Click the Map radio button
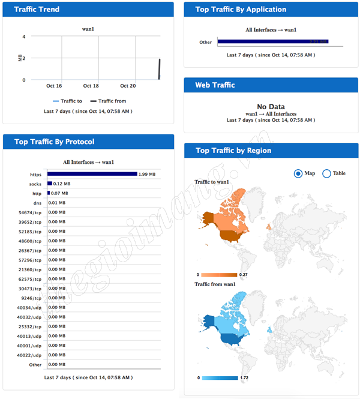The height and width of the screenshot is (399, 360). point(298,173)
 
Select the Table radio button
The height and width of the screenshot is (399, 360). point(327,173)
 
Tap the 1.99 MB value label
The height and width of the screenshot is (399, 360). point(148,174)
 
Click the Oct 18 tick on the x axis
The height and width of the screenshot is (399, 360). point(91,86)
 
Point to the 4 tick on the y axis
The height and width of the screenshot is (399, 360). point(23,37)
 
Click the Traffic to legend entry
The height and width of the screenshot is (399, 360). point(67,101)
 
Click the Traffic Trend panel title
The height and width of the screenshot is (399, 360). point(37,10)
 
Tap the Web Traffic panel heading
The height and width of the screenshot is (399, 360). point(215,85)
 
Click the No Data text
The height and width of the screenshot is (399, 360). point(270,107)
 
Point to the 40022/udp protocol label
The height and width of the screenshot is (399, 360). point(29,355)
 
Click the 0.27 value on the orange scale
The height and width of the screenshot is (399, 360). point(244,275)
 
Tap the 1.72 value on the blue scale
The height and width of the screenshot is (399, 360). point(244,378)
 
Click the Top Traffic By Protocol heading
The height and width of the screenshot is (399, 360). point(55,142)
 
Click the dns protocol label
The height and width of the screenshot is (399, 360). point(37,203)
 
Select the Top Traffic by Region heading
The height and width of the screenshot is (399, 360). point(233,151)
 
